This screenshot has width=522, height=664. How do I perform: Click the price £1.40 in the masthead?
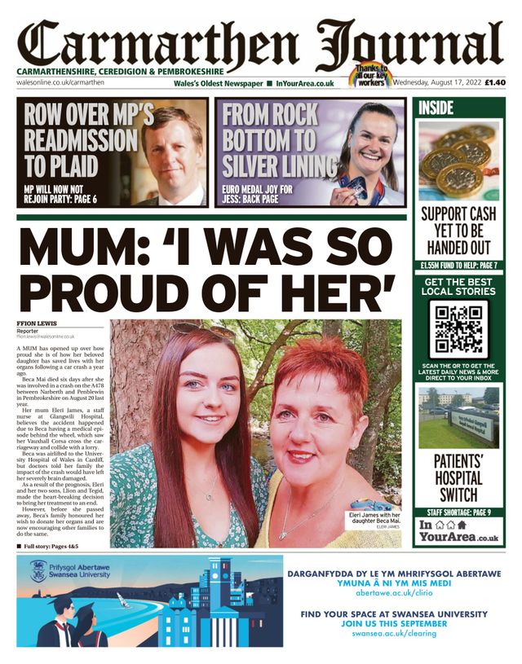click(495, 82)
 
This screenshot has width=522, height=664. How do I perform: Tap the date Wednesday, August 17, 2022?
click(437, 82)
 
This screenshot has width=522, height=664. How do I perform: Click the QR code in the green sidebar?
click(458, 329)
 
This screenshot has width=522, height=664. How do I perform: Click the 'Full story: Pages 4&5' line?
click(59, 545)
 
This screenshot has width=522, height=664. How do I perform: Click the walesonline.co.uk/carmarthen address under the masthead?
click(56, 83)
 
